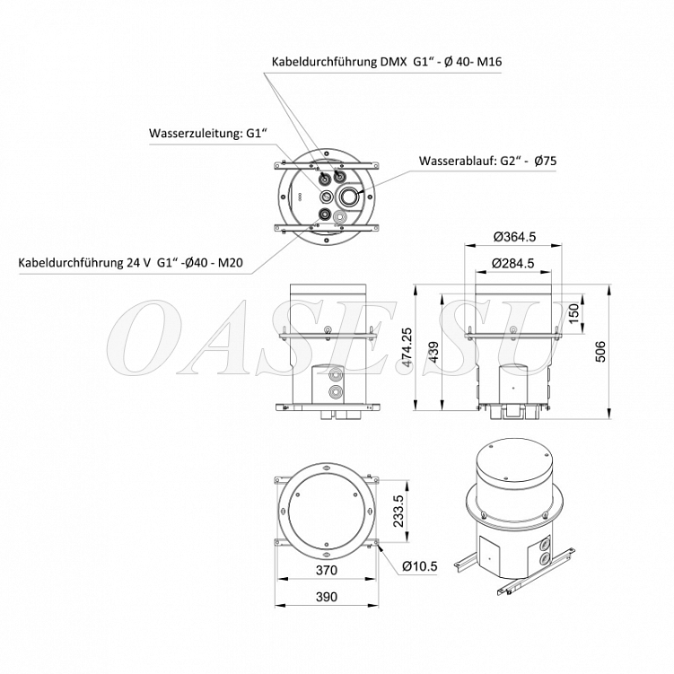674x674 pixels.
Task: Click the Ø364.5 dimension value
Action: click(x=514, y=237)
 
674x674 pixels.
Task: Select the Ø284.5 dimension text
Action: click(x=512, y=263)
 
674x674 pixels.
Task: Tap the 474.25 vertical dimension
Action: click(x=407, y=346)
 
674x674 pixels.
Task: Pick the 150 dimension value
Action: click(x=573, y=315)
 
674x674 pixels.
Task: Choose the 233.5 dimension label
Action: click(x=398, y=511)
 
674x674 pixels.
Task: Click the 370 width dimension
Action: click(x=327, y=570)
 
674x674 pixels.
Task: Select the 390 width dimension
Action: click(x=327, y=597)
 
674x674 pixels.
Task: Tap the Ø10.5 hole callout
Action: click(x=419, y=566)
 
